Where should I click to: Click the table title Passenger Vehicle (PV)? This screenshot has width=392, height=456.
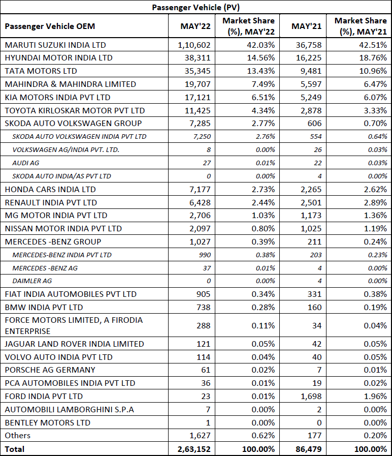click(x=195, y=7)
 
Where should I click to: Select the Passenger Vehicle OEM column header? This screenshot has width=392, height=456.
click(x=50, y=26)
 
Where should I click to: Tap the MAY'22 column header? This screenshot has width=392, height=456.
click(x=195, y=26)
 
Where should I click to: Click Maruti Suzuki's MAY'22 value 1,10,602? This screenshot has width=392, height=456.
click(x=194, y=45)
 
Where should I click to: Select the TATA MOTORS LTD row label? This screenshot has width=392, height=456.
click(x=41, y=71)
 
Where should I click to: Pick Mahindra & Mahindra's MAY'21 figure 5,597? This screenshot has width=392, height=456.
click(x=311, y=84)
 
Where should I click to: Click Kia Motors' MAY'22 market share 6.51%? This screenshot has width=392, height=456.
click(x=263, y=97)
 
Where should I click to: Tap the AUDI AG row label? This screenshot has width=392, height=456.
click(x=25, y=163)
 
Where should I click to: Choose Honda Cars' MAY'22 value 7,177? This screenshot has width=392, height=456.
click(x=200, y=189)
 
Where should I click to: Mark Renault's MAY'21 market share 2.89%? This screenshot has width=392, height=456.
click(x=375, y=202)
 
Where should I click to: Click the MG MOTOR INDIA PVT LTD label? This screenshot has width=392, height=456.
click(x=56, y=216)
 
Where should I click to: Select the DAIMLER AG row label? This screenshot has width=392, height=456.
click(x=32, y=281)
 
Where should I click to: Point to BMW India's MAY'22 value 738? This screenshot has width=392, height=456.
click(x=204, y=308)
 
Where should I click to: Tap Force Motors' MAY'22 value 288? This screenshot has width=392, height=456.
click(x=204, y=325)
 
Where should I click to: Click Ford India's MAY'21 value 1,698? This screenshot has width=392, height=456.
click(x=311, y=396)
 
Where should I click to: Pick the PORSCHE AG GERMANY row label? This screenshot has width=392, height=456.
click(x=50, y=370)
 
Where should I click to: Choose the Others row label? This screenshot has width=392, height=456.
click(x=17, y=435)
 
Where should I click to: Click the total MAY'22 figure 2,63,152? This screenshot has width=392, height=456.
click(x=194, y=449)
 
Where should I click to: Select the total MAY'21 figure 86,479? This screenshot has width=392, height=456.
click(x=309, y=449)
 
